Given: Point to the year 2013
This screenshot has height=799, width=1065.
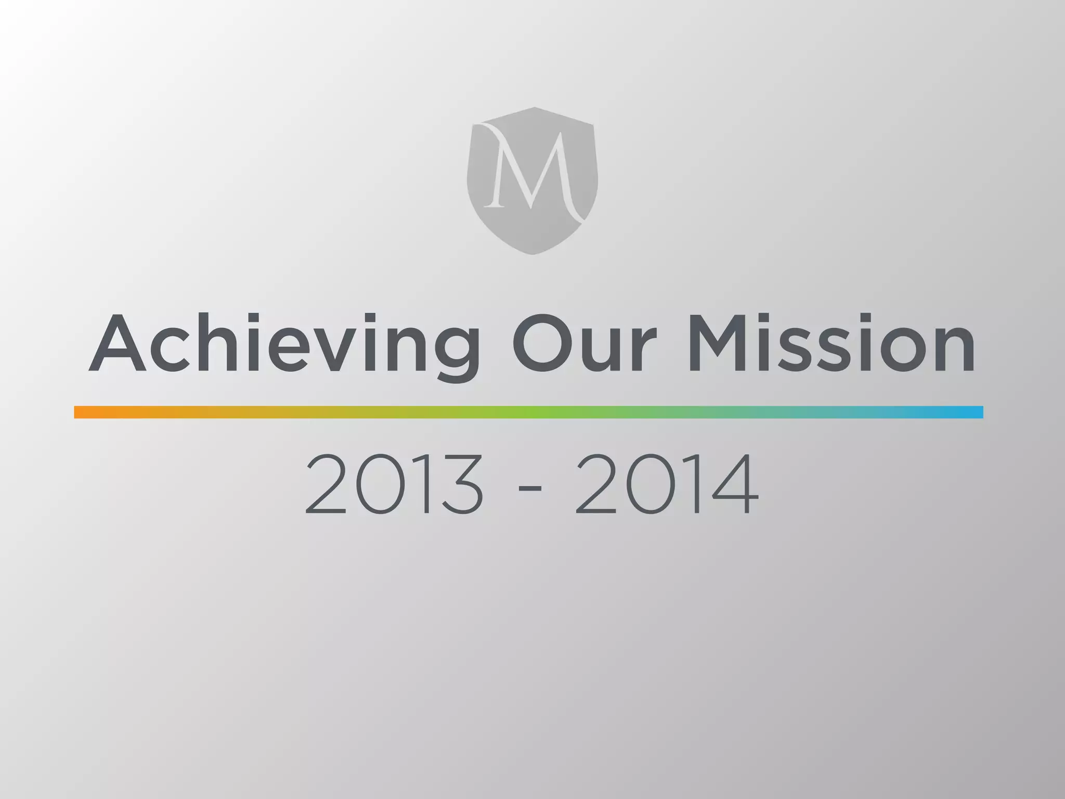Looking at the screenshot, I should click(394, 484).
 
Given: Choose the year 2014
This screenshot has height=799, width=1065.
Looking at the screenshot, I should click(667, 484).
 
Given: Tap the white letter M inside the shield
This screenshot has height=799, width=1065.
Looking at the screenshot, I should click(531, 169).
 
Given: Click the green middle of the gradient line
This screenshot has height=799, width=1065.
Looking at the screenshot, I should click(528, 412).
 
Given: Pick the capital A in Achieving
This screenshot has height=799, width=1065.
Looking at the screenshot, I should click(117, 343).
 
